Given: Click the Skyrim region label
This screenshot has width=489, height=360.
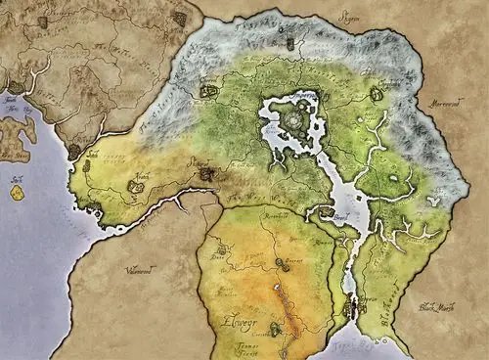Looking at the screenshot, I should click(x=349, y=16).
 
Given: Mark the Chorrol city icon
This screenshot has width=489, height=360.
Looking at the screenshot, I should click(x=207, y=91).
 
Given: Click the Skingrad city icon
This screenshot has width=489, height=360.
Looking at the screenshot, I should click(x=205, y=174).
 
